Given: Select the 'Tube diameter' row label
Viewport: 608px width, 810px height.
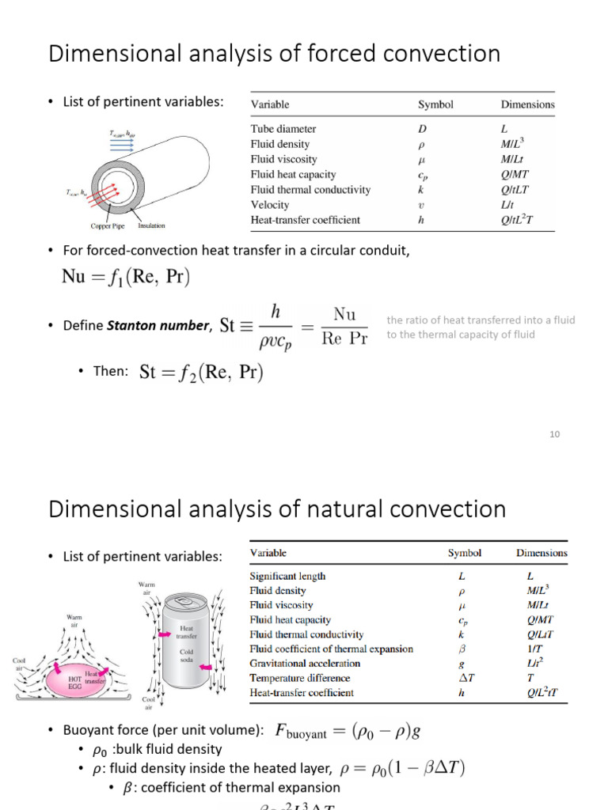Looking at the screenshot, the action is [x=283, y=129].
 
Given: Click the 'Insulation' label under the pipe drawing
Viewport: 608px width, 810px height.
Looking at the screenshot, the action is [x=151, y=226].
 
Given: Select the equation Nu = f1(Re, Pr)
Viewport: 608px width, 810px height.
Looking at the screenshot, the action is [x=126, y=277].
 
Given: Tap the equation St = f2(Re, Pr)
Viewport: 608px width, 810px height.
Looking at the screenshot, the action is [x=201, y=372].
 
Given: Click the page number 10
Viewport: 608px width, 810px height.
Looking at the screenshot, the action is [x=554, y=434].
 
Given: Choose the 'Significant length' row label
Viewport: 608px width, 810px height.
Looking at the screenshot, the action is [x=287, y=577].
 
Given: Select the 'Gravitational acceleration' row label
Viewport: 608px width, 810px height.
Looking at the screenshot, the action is [x=305, y=664].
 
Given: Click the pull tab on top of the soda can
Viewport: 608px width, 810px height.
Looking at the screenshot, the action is [x=184, y=602].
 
